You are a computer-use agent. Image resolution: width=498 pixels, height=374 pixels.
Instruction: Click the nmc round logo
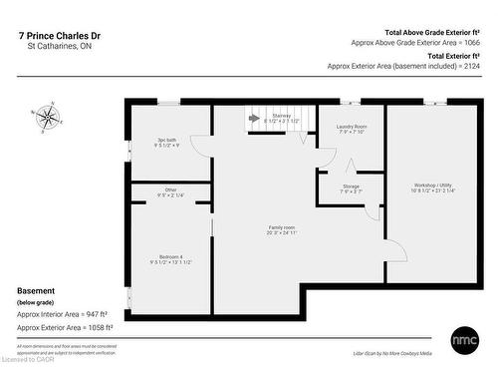point(465,337)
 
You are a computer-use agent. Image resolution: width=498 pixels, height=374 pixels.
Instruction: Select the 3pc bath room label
point(166,143)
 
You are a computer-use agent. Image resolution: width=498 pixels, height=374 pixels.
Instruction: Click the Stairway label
point(280,118)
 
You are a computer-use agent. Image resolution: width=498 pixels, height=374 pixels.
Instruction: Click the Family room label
point(282,230)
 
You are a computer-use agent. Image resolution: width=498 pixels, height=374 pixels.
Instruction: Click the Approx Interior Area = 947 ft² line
point(63,313)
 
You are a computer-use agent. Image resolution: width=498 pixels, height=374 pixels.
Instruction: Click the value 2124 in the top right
point(473,66)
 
